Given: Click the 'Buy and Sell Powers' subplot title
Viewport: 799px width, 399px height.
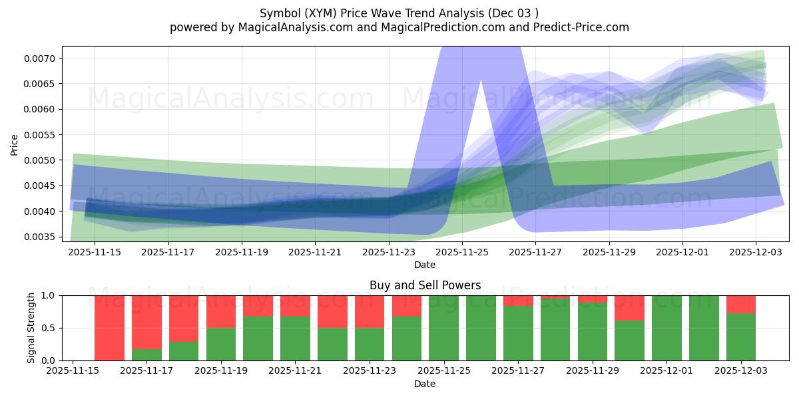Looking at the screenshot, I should [425, 285].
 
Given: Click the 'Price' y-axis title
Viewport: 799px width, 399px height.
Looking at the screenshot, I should [15, 144].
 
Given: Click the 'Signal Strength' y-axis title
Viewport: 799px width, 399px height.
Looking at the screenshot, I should [31, 328].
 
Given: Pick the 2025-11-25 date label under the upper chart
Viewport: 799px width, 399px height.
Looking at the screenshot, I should [462, 252].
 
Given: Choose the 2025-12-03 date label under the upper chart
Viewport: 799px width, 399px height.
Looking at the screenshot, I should [756, 252].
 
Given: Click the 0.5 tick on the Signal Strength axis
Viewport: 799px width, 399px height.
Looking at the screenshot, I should [50, 328].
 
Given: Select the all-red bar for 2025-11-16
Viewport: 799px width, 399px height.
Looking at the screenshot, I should [109, 328].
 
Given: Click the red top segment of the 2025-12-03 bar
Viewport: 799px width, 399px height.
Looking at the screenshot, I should [740, 304].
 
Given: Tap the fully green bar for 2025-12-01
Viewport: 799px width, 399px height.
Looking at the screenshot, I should [666, 328].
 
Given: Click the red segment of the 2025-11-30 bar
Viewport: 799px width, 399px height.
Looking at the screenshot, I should [629, 308].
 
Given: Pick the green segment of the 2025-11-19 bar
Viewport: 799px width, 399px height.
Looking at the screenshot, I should [220, 344].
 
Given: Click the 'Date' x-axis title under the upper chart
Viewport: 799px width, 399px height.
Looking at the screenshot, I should [425, 265].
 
